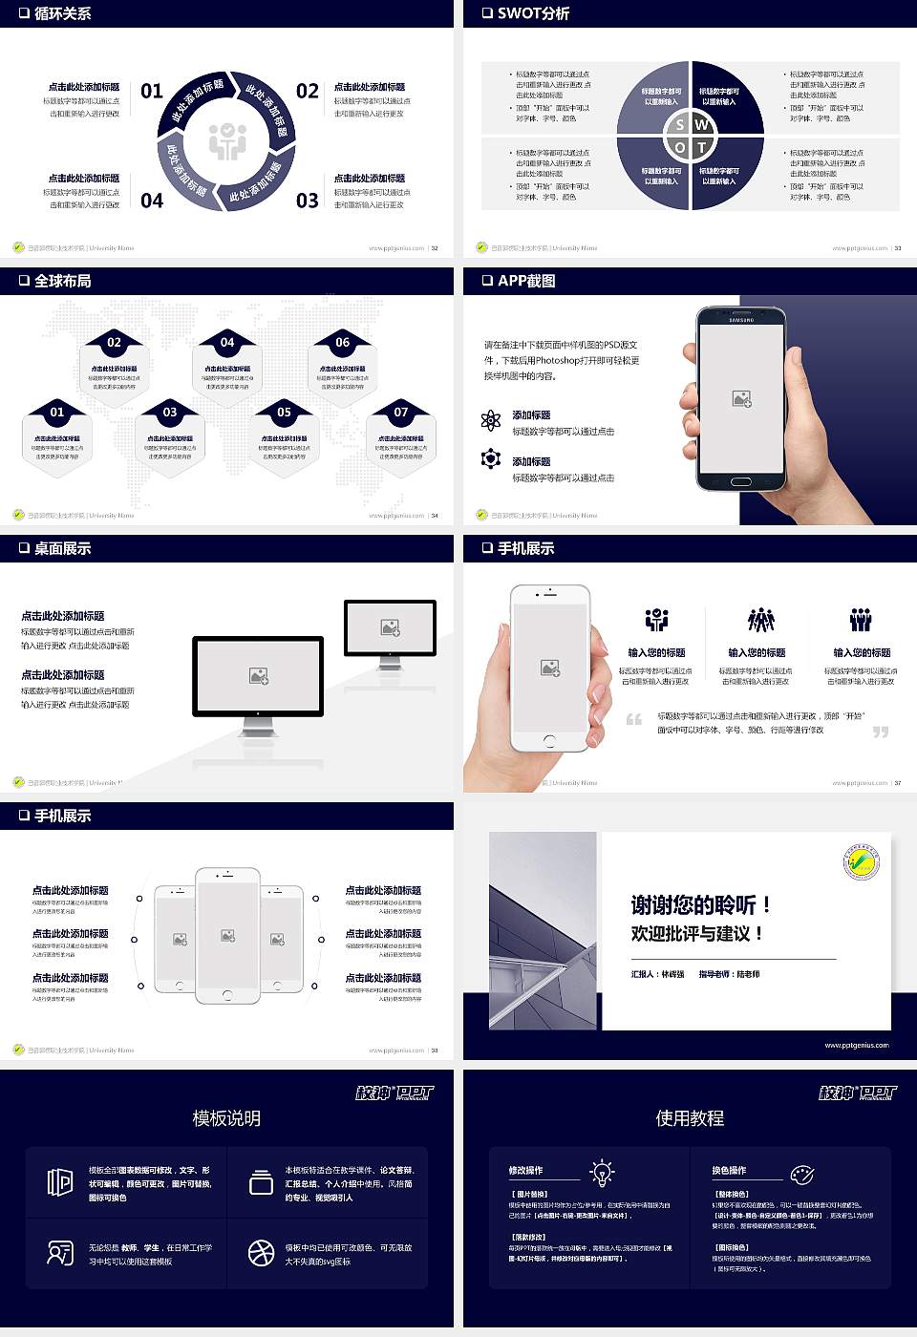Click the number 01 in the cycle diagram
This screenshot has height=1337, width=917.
coord(152,92)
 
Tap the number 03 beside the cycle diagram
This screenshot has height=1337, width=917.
coord(307,201)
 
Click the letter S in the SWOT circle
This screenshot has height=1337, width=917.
coord(679,124)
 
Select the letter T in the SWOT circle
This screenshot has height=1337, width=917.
coord(701,147)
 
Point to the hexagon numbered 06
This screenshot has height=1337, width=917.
coord(343,367)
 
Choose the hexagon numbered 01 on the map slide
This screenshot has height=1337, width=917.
coord(57,436)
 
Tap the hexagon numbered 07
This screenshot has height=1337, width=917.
coord(401,436)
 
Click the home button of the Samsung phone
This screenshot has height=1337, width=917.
coord(741,482)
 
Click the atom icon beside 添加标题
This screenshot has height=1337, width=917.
coord(491,420)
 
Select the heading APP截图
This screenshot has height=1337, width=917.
coord(526,281)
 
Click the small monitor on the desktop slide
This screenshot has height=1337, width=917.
coord(390,629)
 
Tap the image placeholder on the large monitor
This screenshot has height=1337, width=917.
coord(259,675)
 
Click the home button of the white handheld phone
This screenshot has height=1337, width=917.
coord(549,741)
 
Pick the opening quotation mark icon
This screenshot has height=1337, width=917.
coord(634,719)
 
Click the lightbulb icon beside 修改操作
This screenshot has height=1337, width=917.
coord(602,1172)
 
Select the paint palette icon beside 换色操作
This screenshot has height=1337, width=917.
coord(801,1174)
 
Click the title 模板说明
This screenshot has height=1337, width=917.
coord(226,1118)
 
